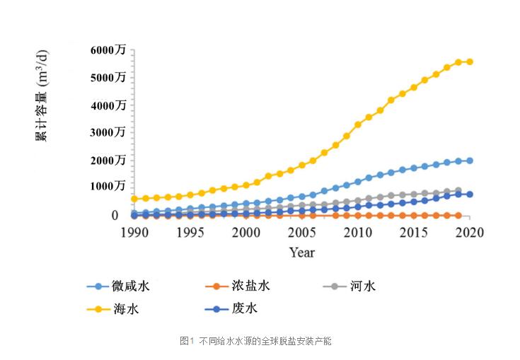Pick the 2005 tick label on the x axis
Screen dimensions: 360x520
301,233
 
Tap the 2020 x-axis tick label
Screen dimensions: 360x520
469,233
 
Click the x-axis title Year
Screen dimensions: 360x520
301,252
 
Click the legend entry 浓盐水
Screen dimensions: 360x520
250,286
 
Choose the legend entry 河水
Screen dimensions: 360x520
363,286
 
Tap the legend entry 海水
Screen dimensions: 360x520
121,309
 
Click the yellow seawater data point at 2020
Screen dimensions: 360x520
469,62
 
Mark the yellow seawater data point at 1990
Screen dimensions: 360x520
134,199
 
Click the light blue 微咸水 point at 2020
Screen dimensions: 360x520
469,161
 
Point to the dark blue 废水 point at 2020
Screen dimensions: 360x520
469,194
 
